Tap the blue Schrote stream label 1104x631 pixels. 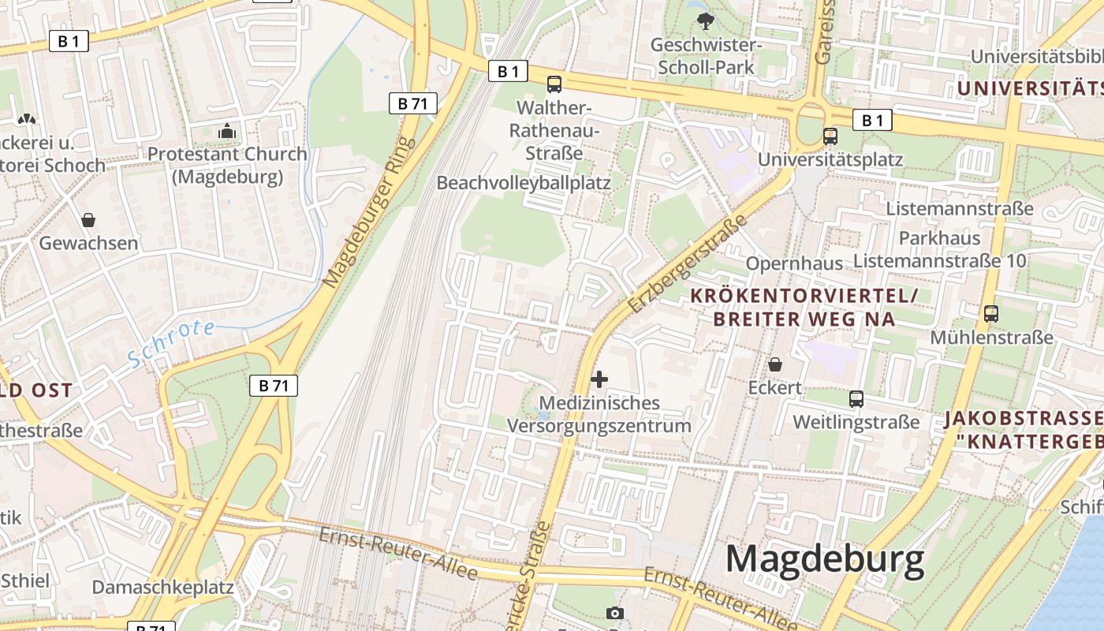tap(171, 343)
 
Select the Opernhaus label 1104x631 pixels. tap(794, 263)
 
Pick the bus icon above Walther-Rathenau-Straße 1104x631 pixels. tap(554, 84)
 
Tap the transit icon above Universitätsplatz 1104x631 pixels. tap(830, 136)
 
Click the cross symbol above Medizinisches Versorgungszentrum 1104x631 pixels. tap(599, 379)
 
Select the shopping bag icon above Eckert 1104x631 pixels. tap(775, 364)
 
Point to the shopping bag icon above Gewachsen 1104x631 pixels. tap(88, 219)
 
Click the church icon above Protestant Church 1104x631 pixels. tap(227, 131)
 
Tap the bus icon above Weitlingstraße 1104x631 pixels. tap(856, 399)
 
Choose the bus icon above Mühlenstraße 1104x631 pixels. tap(991, 314)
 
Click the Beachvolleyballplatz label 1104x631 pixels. tap(524, 183)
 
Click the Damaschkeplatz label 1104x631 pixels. tap(162, 588)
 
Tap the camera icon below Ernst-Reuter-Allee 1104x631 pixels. tap(615, 613)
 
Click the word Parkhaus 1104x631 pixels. tap(939, 238)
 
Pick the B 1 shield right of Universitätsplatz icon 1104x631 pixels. tap(872, 121)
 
